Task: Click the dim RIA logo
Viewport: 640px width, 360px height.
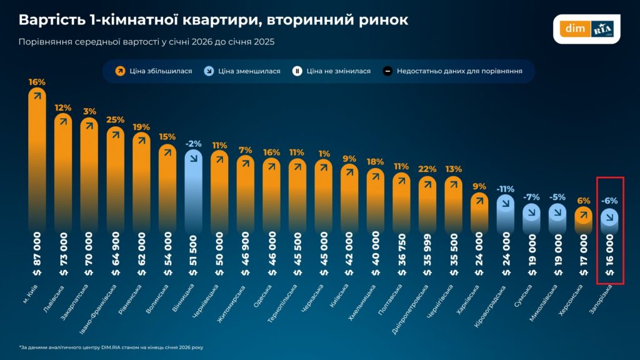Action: [586, 29]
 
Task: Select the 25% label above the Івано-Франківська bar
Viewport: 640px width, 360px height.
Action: [115, 120]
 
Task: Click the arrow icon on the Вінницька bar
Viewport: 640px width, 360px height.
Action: [194, 158]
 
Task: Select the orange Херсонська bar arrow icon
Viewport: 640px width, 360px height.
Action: [583, 215]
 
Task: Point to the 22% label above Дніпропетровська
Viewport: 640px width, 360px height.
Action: [427, 169]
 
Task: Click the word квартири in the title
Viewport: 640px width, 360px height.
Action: [211, 20]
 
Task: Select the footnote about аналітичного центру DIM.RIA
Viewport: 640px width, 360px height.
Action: [111, 347]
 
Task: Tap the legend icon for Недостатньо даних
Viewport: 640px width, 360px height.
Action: [387, 71]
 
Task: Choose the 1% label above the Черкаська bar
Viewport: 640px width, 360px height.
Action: [323, 154]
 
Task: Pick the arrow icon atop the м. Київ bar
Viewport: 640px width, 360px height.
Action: [37, 96]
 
